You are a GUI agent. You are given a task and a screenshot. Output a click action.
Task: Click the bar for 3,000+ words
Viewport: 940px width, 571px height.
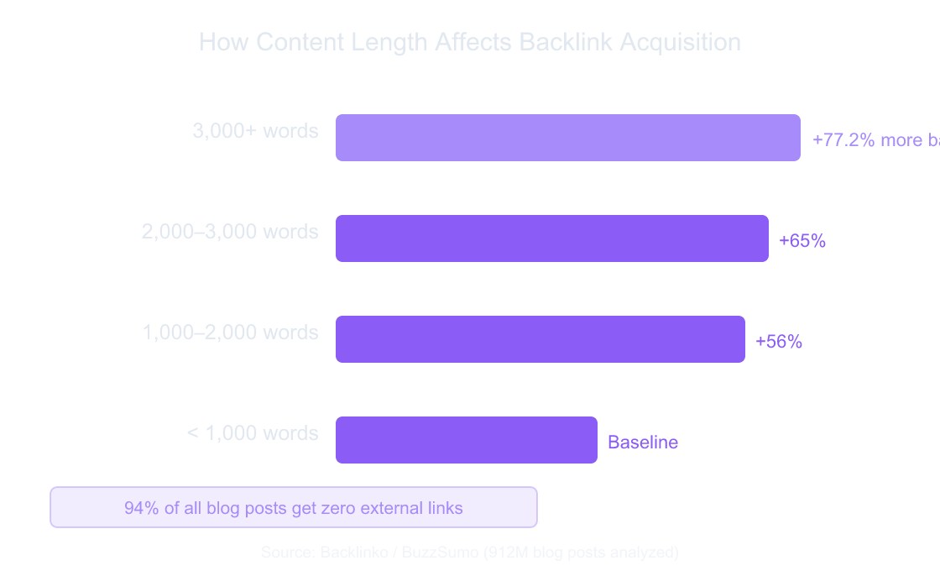click(x=567, y=138)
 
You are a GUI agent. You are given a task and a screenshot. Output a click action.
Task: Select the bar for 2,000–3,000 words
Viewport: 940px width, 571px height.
click(x=551, y=238)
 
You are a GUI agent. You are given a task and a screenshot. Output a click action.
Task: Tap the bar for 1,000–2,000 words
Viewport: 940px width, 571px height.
click(x=540, y=339)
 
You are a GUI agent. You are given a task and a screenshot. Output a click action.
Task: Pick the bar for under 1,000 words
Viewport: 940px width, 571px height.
click(x=466, y=440)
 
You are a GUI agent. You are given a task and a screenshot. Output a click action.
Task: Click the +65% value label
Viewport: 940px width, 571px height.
click(x=802, y=241)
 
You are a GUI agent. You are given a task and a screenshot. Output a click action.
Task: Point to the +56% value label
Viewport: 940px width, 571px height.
click(x=779, y=342)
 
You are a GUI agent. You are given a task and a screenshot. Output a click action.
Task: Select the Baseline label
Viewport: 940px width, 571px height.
click(x=643, y=443)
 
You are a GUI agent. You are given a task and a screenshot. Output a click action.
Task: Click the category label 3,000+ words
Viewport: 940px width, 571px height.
click(x=255, y=131)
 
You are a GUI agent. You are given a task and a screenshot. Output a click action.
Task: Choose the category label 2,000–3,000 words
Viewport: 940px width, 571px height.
click(x=230, y=232)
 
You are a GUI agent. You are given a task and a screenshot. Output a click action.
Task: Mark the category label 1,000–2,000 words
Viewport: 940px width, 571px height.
click(x=230, y=333)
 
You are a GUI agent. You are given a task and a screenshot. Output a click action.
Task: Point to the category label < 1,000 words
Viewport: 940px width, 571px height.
click(x=253, y=433)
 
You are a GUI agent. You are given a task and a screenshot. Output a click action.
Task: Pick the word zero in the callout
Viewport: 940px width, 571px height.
click(x=345, y=508)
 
